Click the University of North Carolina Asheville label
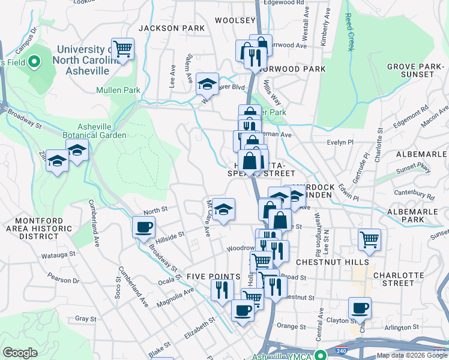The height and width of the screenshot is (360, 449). click(80, 60)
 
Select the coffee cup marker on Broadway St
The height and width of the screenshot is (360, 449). click(143, 228)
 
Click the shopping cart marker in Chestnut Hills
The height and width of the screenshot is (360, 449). click(369, 240)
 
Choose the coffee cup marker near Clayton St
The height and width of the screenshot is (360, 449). click(360, 309)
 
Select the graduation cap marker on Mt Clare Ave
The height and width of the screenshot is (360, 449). click(223, 209)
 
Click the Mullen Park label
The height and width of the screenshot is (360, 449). click(118, 91)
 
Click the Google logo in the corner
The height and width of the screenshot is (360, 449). click(20, 353)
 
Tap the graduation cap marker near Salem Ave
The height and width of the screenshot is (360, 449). click(207, 84)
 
